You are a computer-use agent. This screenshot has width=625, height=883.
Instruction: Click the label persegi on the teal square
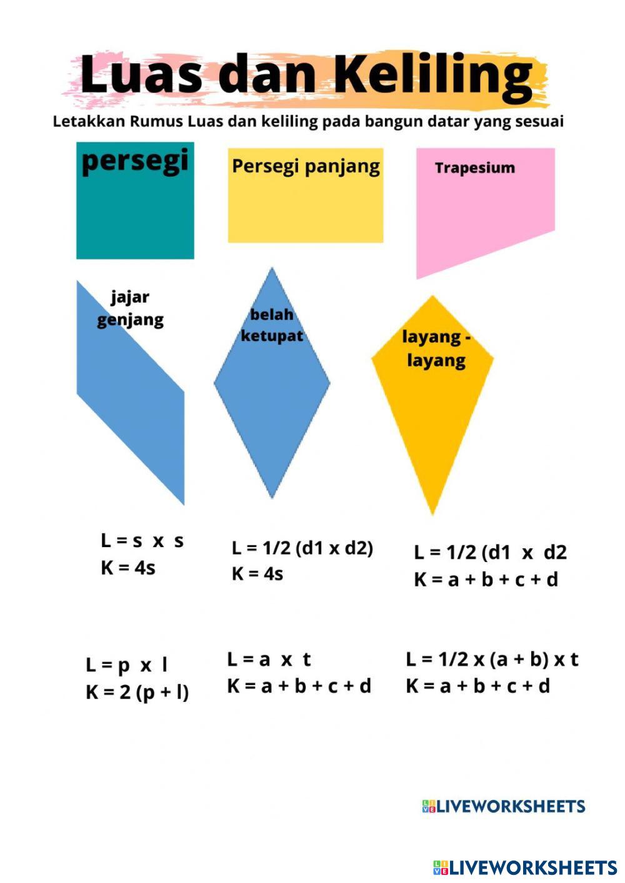pos(135,160)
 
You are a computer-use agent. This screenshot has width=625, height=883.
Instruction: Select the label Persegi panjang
pos(306,166)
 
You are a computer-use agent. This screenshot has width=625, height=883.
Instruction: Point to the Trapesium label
pos(475,167)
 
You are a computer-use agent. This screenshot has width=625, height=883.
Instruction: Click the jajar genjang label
pos(130,308)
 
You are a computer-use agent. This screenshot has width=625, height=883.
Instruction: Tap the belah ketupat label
pos(272,325)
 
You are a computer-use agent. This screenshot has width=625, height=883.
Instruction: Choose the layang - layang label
pos(436,348)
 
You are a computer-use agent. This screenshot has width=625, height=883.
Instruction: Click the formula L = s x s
pos(142,541)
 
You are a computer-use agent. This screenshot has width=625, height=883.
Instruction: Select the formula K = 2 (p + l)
pos(137,692)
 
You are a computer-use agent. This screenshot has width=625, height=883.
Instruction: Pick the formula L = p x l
pos(127,665)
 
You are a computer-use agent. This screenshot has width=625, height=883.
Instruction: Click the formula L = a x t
pos(269,659)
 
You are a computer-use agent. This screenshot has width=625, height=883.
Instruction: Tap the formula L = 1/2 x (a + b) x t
pos(492,659)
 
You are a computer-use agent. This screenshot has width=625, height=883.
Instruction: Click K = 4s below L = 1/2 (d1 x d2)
pos(257,573)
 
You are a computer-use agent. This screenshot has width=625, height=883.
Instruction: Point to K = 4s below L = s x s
pos(128,568)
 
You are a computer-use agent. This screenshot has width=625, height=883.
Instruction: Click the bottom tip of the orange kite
pos(432,513)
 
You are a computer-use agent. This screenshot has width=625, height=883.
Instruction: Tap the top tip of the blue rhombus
pos(272,269)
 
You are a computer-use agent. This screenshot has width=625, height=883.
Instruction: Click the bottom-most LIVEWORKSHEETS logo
pos(525,867)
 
